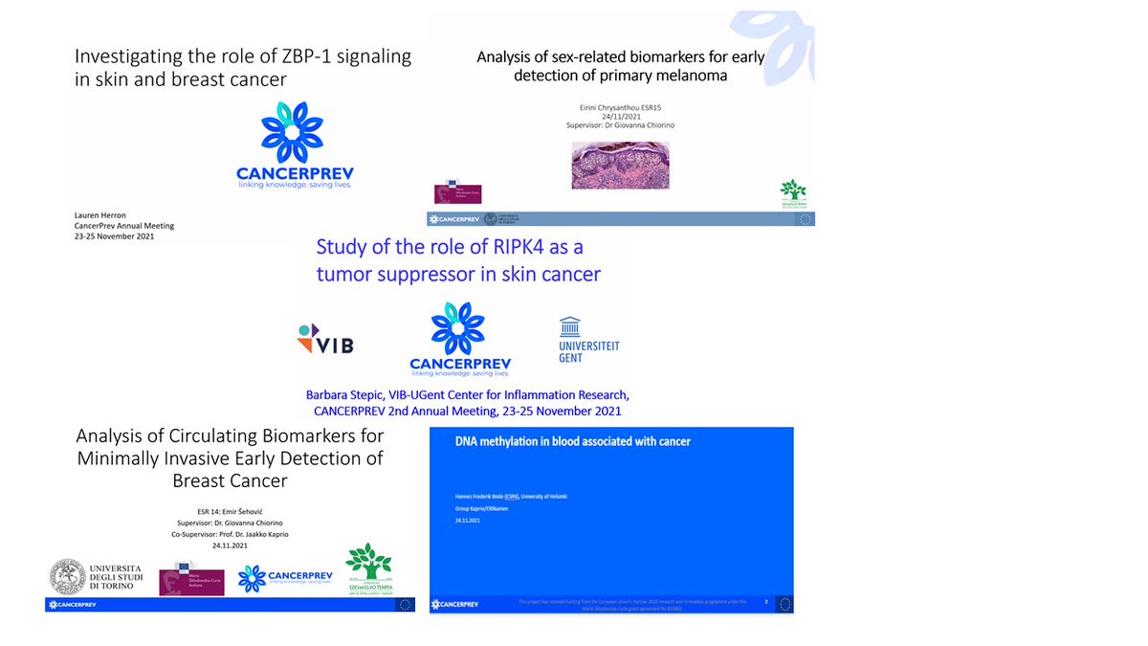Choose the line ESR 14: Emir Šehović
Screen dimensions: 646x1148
(230, 510)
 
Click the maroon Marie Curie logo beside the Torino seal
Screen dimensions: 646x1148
(191, 577)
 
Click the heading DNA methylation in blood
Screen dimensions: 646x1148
(572, 441)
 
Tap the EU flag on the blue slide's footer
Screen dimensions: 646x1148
(785, 603)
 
